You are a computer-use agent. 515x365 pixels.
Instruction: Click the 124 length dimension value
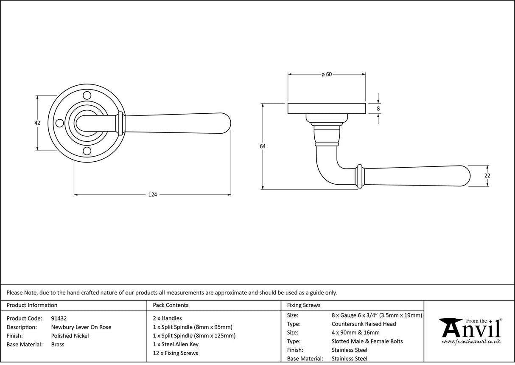click(152, 195)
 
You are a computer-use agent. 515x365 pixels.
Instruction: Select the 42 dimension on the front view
click(37, 123)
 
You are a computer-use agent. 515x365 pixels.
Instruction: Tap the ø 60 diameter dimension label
click(326, 74)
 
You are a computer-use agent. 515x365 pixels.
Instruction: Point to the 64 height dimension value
click(263, 146)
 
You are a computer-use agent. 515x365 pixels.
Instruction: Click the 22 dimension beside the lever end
click(487, 176)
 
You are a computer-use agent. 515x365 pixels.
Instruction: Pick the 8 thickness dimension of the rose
click(378, 109)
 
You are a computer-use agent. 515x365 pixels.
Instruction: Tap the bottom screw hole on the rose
click(87, 151)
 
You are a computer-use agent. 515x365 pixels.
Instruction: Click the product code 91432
click(59, 318)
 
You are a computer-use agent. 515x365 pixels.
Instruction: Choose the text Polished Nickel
click(70, 336)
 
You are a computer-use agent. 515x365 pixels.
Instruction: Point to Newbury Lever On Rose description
click(81, 327)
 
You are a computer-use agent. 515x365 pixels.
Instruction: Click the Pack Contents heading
click(170, 305)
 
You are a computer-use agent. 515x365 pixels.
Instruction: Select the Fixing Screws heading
click(304, 305)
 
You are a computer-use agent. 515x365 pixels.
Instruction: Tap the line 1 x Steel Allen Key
click(176, 344)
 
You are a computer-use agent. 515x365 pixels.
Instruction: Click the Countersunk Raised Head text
click(364, 324)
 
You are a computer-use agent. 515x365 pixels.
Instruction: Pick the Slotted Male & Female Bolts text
click(367, 341)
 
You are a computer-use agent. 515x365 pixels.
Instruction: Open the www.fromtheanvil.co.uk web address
click(471, 342)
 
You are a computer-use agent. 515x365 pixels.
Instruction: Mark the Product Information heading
click(32, 305)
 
